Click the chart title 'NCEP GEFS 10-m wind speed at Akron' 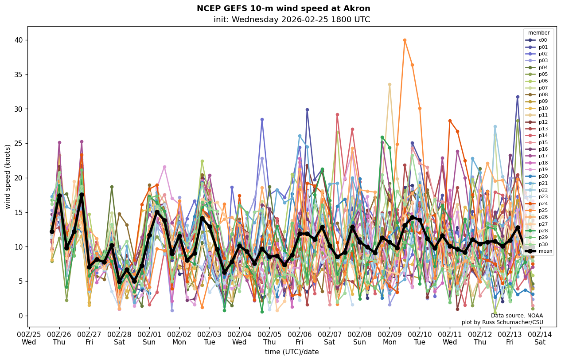[x=283, y=9]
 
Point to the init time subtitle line [x=292, y=20]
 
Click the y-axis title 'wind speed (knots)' [x=8, y=176]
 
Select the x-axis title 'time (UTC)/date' [x=292, y=352]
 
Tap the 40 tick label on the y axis [x=19, y=40]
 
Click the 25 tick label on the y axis [x=19, y=109]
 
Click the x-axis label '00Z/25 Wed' [x=29, y=338]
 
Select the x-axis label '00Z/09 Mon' [x=390, y=338]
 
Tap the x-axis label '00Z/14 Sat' [x=540, y=338]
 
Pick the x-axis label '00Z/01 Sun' [x=149, y=338]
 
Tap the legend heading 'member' [x=538, y=33]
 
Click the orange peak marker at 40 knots [x=405, y=40]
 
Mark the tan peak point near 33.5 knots [x=390, y=85]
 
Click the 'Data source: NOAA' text [x=517, y=316]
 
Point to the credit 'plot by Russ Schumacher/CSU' [x=502, y=322]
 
